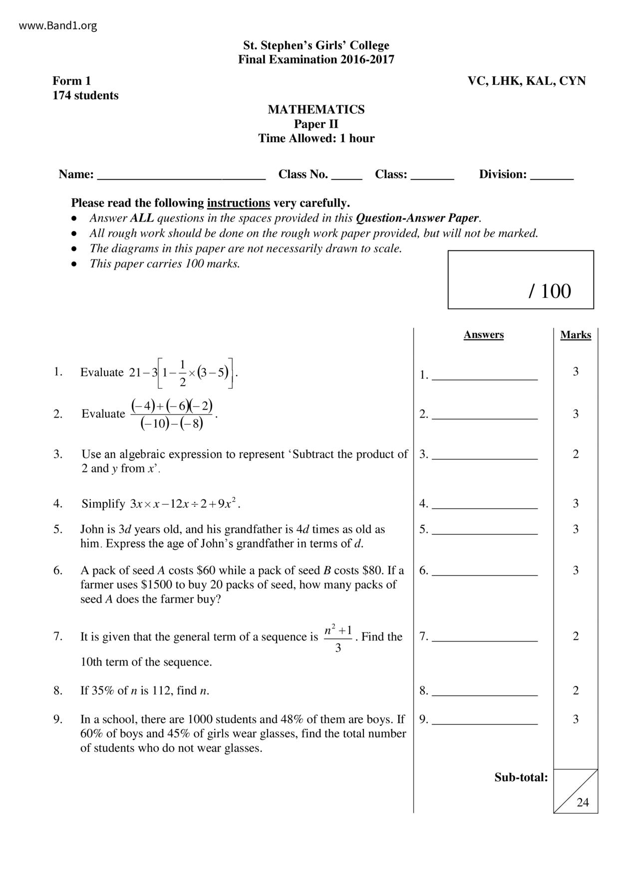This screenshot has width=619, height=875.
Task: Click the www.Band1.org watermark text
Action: coord(58,26)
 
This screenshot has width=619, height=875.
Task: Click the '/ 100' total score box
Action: coord(521,280)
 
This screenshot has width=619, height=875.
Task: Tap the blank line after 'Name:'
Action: coord(181,176)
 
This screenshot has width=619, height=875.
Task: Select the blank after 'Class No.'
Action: coord(346,176)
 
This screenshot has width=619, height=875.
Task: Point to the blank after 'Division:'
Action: coord(552,176)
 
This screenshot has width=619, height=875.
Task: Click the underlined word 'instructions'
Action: coord(238,203)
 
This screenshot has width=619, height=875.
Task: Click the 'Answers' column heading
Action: coord(483,335)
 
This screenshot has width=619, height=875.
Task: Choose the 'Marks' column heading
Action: coord(576,335)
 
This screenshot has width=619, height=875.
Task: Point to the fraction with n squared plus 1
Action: coord(338,638)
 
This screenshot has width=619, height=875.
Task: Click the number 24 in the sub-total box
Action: coord(583,802)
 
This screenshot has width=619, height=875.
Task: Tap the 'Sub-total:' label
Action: coord(521,777)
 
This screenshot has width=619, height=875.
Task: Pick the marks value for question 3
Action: coord(576,454)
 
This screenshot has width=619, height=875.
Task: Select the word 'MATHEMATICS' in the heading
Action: coord(316,110)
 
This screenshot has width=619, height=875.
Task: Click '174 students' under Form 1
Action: coord(85,95)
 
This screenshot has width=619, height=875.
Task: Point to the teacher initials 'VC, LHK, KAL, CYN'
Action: coord(526,81)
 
